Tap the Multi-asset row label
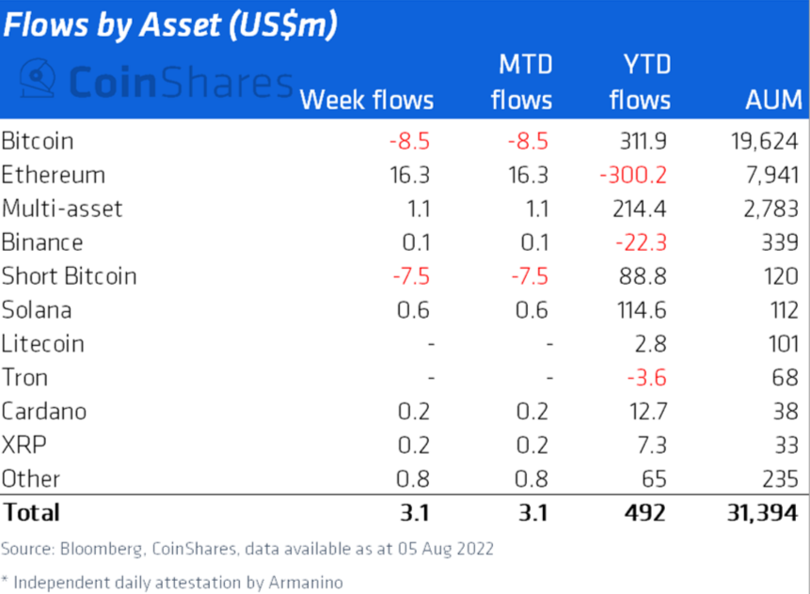62,210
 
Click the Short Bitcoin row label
69,277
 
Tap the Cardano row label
44,413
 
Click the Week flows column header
367,101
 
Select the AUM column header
773,101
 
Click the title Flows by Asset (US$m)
169,25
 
